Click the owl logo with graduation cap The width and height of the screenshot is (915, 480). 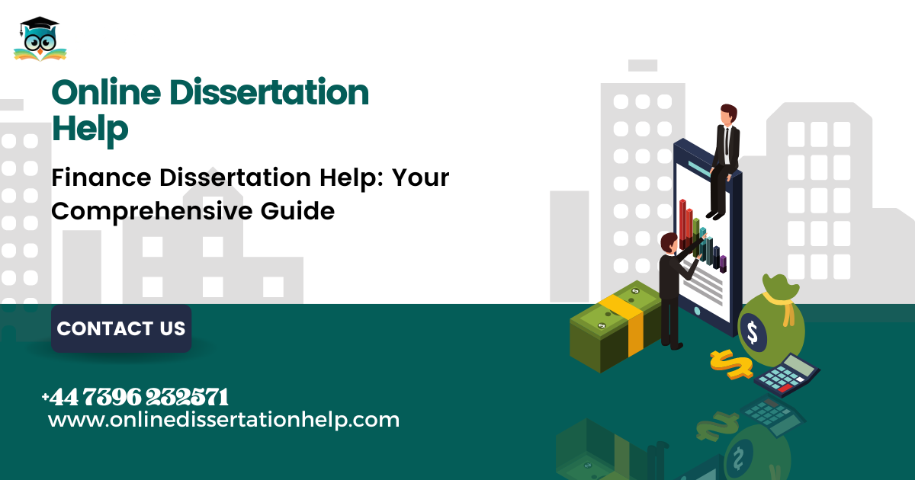click(40, 39)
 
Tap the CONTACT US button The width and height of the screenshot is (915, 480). click(121, 328)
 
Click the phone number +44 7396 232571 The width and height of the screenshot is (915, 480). click(135, 397)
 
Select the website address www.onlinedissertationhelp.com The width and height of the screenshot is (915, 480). click(224, 420)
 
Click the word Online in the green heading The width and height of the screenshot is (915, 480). click(106, 92)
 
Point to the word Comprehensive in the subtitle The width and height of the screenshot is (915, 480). click(152, 212)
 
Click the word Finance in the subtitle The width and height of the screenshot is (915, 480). click(101, 178)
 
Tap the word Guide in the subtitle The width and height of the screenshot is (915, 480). click(298, 212)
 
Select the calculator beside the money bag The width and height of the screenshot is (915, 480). click(787, 375)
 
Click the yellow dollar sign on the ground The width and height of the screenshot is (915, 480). click(731, 364)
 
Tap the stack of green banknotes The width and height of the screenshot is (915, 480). click(615, 327)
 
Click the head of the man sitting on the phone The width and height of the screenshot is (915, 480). click(728, 115)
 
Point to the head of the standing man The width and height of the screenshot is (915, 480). click(669, 243)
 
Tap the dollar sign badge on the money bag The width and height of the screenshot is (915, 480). click(753, 332)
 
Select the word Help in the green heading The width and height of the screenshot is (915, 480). click(90, 129)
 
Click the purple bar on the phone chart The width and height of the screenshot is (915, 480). click(723, 264)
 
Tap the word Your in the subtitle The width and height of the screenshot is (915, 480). click(420, 178)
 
